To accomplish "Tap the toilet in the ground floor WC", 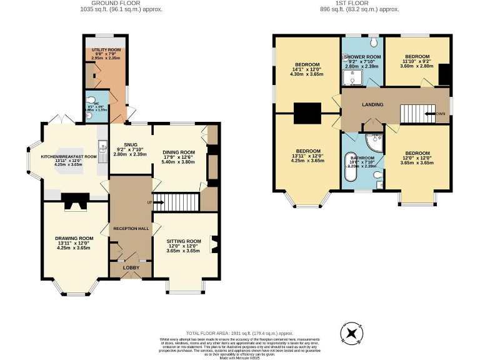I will pyautogui.click(x=91, y=100).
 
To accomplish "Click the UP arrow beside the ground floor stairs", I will pyautogui.click(x=149, y=202).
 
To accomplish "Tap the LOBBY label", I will pyautogui.click(x=131, y=267).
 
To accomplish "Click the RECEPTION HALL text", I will pyautogui.click(x=131, y=229).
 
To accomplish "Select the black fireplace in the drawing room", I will pyautogui.click(x=74, y=201).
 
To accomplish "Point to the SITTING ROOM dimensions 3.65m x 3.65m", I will pyautogui.click(x=183, y=251).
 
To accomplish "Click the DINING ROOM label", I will pyautogui.click(x=179, y=152).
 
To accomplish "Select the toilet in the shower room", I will pyautogui.click(x=372, y=42).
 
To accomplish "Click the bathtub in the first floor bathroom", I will pyautogui.click(x=349, y=170).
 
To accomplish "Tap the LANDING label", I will pyautogui.click(x=372, y=104).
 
